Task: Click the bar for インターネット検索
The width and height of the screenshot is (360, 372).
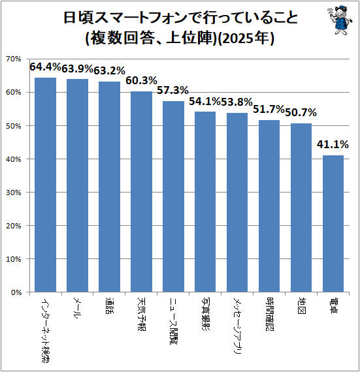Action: click(x=45, y=185)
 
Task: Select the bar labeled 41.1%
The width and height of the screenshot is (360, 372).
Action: click(x=333, y=223)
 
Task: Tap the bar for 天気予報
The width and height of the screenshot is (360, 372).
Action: click(x=141, y=191)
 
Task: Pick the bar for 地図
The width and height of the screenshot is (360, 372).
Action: click(x=301, y=208)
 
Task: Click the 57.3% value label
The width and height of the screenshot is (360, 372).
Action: click(x=172, y=91)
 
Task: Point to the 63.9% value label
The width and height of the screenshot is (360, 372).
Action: click(x=77, y=69)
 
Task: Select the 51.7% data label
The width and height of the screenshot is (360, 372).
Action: click(x=269, y=110)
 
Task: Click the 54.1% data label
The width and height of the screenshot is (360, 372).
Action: click(x=205, y=102)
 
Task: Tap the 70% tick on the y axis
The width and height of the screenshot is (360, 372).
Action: click(x=14, y=59)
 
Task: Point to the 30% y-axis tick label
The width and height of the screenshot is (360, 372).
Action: click(x=14, y=193)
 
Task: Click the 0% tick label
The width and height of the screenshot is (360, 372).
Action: click(x=16, y=292)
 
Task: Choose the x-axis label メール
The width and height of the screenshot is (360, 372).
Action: click(x=77, y=307)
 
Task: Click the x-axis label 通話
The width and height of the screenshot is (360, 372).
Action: click(x=109, y=305)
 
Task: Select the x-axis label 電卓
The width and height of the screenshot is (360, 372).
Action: click(x=333, y=305)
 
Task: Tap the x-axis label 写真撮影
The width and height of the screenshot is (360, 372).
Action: click(x=205, y=313)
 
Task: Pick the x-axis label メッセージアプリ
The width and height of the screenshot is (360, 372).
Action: click(x=237, y=326)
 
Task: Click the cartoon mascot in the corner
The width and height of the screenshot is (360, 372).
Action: click(x=340, y=21)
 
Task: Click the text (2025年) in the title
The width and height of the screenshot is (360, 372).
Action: click(x=246, y=38)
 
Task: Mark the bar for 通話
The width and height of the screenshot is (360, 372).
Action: click(x=109, y=187)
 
